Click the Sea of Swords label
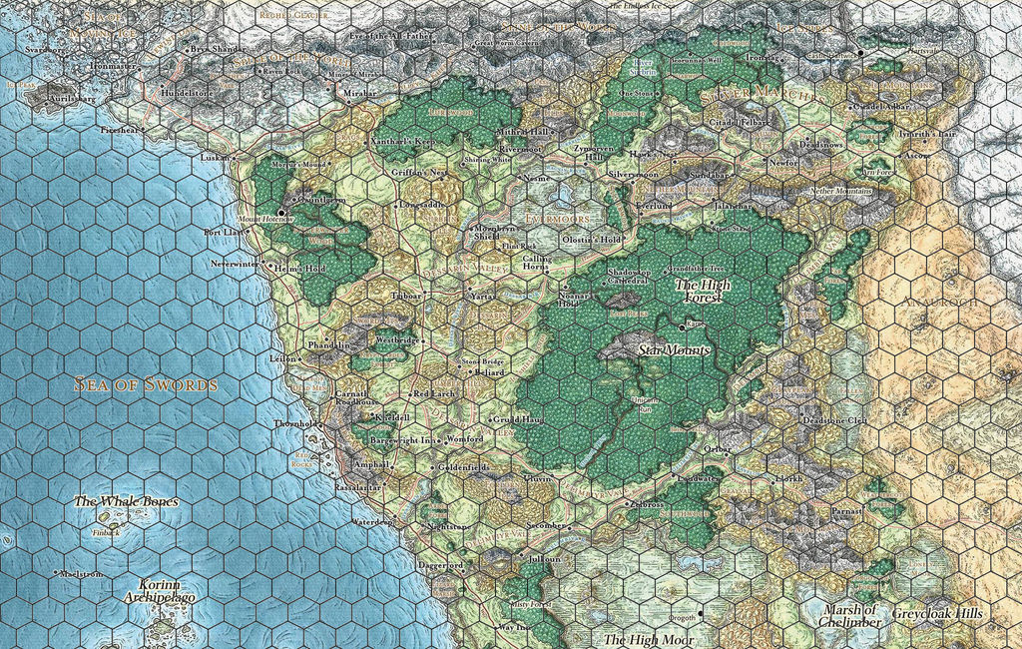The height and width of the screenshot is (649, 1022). point(146,384)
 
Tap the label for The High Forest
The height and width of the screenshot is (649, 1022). point(703,291)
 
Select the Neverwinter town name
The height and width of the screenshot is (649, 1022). point(234,264)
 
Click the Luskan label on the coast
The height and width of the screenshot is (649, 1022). point(215,158)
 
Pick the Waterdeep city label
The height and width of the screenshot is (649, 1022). point(372,521)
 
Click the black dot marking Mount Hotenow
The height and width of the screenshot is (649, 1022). point(282,212)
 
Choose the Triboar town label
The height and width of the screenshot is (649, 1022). point(406,296)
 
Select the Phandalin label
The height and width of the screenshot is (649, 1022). point(329,345)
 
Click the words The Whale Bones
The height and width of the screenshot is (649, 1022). point(126,500)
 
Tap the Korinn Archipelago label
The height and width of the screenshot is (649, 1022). point(160,590)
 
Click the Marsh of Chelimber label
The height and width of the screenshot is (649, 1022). point(851,616)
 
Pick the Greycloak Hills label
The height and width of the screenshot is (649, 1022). point(937,613)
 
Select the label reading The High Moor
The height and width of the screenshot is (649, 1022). point(649,639)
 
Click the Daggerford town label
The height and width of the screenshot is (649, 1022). point(440,566)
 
